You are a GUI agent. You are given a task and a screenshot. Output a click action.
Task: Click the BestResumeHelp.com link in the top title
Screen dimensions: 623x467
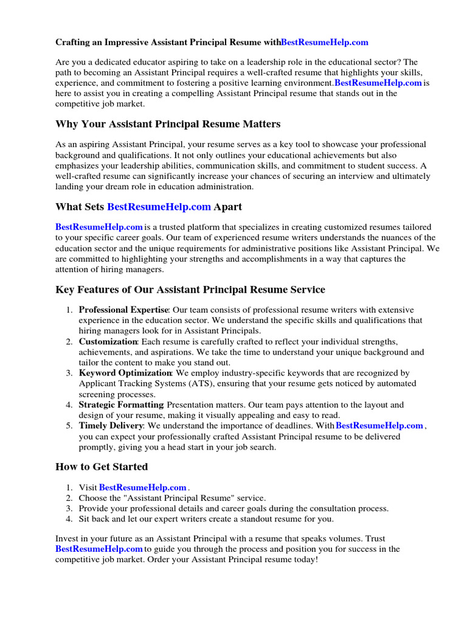pyautogui.click(x=325, y=43)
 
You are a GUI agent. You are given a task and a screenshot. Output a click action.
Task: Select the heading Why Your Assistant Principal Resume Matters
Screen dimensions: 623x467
pyautogui.click(x=168, y=124)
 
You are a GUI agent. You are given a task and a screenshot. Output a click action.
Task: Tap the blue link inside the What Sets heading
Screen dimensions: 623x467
pyautogui.click(x=159, y=207)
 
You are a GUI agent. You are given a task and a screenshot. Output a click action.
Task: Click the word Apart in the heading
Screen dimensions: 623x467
pyautogui.click(x=228, y=207)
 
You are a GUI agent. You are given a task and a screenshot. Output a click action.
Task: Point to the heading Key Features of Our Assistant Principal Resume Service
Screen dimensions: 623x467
pyautogui.click(x=190, y=290)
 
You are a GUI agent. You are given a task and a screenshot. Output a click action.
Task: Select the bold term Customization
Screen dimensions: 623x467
pyautogui.click(x=108, y=342)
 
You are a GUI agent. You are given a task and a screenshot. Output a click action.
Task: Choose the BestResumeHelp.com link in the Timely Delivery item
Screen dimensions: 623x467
pyautogui.click(x=379, y=426)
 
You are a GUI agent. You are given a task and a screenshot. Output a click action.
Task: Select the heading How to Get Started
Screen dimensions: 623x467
pyautogui.click(x=102, y=467)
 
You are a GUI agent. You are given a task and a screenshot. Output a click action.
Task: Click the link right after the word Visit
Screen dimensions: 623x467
pyautogui.click(x=142, y=487)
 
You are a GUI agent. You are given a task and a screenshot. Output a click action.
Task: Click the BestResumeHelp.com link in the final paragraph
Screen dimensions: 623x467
pyautogui.click(x=99, y=549)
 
